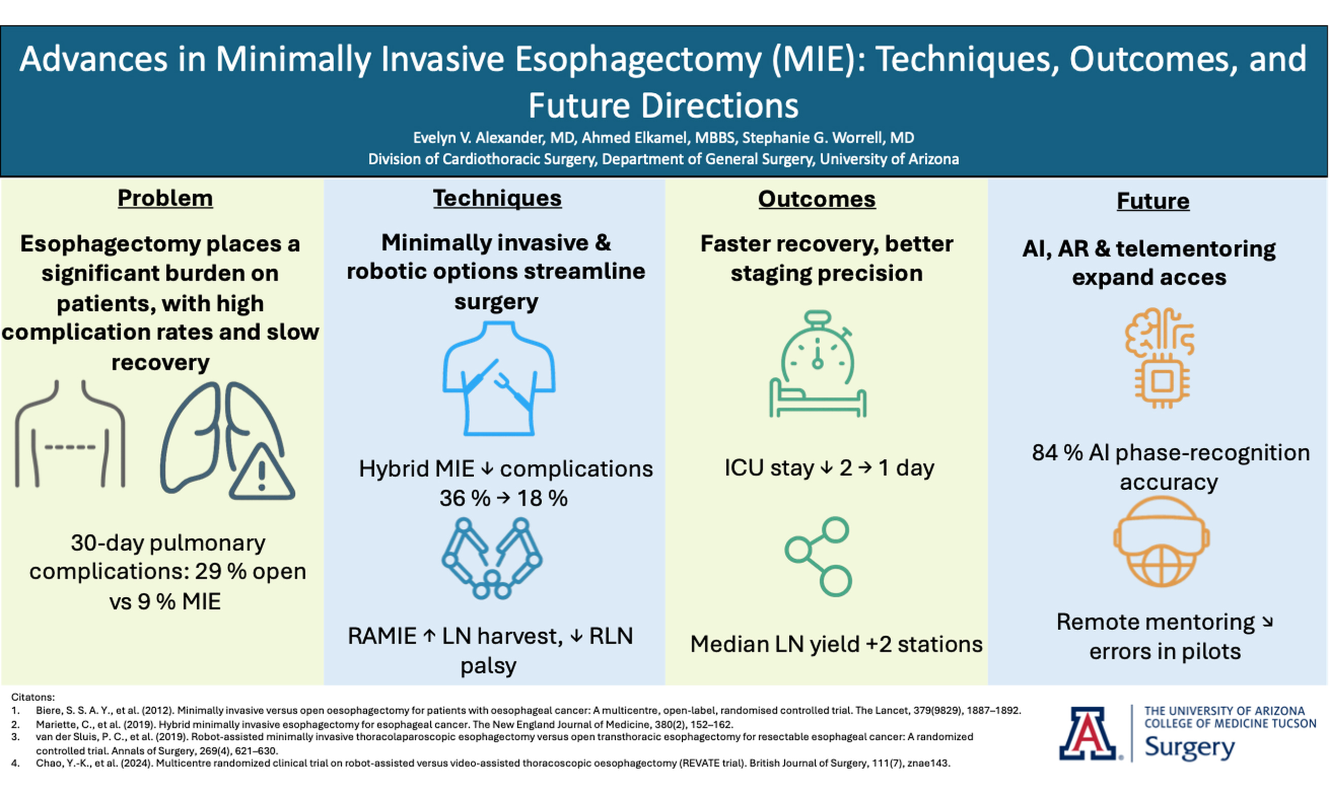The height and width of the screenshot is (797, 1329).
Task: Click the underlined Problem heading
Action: tap(165, 198)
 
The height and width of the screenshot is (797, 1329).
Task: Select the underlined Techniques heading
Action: tap(497, 198)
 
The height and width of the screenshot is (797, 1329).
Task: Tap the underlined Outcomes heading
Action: tap(817, 199)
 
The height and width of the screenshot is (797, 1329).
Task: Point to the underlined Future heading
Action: tap(1153, 201)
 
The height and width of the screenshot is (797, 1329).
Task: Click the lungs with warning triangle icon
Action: tap(227, 441)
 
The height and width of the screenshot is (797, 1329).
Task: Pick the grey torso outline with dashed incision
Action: tap(70, 434)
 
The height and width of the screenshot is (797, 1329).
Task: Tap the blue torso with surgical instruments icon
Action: tap(499, 378)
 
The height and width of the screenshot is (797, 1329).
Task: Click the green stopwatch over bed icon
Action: tap(817, 364)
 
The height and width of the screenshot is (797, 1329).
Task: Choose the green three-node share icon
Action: tap(818, 556)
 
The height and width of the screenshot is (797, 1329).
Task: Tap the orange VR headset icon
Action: tap(1162, 541)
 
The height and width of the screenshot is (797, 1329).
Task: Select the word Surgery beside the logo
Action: tap(1190, 748)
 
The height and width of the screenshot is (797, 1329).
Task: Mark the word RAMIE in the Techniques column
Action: tap(382, 636)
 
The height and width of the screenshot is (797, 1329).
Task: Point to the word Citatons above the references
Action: tap(33, 697)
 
